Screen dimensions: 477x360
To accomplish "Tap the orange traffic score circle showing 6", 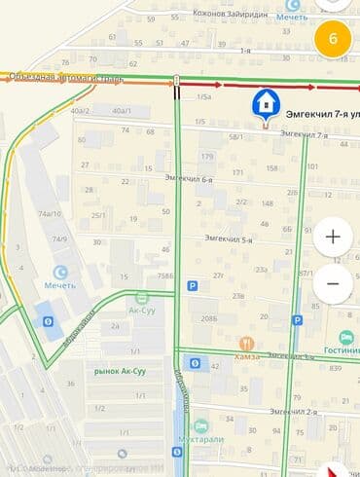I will pyautogui.click(x=334, y=39).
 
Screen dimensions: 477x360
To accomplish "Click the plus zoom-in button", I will pyautogui.click(x=333, y=237).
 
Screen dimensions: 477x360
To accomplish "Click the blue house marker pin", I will pyautogui.click(x=264, y=103).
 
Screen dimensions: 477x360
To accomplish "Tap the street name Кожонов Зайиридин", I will pyautogui.click(x=229, y=13).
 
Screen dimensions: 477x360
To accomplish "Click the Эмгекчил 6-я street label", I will pyautogui.click(x=189, y=178).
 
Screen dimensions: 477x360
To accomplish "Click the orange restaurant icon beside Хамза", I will pyautogui.click(x=246, y=345).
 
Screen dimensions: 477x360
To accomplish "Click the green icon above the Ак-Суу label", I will pyautogui.click(x=143, y=296).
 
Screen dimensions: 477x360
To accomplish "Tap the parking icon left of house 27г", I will pyautogui.click(x=192, y=286).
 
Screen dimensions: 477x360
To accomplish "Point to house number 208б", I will pyautogui.click(x=209, y=318).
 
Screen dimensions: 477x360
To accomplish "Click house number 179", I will pyautogui.click(x=206, y=157).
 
